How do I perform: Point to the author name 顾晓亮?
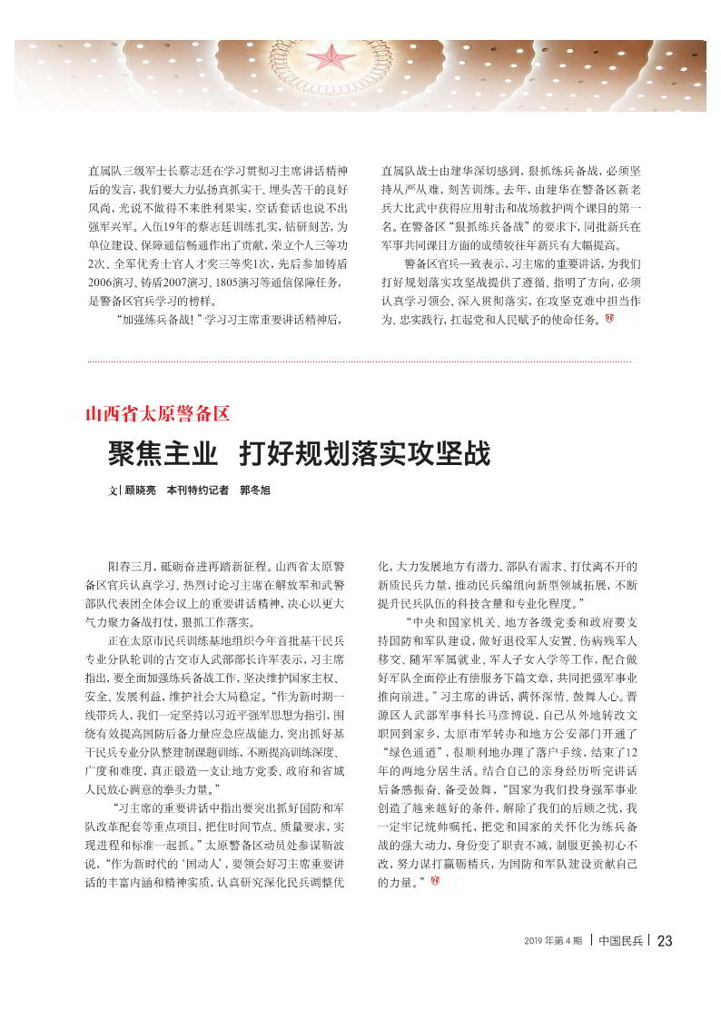(140, 490)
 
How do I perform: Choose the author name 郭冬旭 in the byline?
(255, 490)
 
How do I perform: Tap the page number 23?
(664, 941)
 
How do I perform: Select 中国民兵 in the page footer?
(621, 941)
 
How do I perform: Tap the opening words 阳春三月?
(130, 565)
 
